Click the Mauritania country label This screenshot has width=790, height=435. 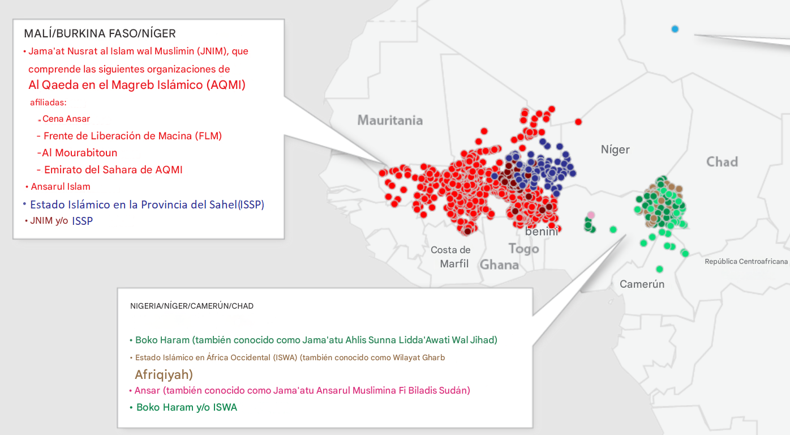tap(390, 120)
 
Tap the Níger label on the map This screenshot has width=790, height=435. tap(615, 150)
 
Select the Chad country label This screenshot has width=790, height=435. tap(722, 162)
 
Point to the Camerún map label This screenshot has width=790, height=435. tap(642, 284)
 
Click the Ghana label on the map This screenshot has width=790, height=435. tap(499, 265)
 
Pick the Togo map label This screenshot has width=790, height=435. tap(523, 249)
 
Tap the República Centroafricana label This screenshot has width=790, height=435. tap(746, 262)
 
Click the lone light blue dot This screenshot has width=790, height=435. tap(675, 29)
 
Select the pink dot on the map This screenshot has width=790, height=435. tap(591, 215)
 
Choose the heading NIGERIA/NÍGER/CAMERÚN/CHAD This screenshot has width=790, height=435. tap(192, 306)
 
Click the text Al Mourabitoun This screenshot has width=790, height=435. tap(77, 153)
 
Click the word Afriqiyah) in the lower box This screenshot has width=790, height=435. tap(164, 374)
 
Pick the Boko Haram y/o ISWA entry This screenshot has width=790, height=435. tap(186, 407)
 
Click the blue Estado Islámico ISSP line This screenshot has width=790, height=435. tap(147, 204)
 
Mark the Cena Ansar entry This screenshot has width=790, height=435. tap(66, 119)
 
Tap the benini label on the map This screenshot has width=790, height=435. tap(542, 231)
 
